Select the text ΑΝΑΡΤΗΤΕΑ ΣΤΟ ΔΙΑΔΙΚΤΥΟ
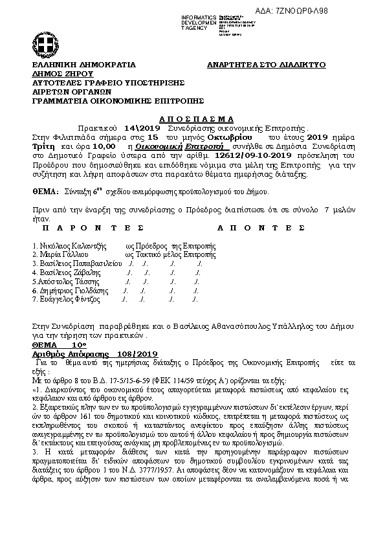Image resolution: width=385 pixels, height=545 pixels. coord(267,65)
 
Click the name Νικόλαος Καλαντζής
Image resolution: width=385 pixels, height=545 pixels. coord(68,247)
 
